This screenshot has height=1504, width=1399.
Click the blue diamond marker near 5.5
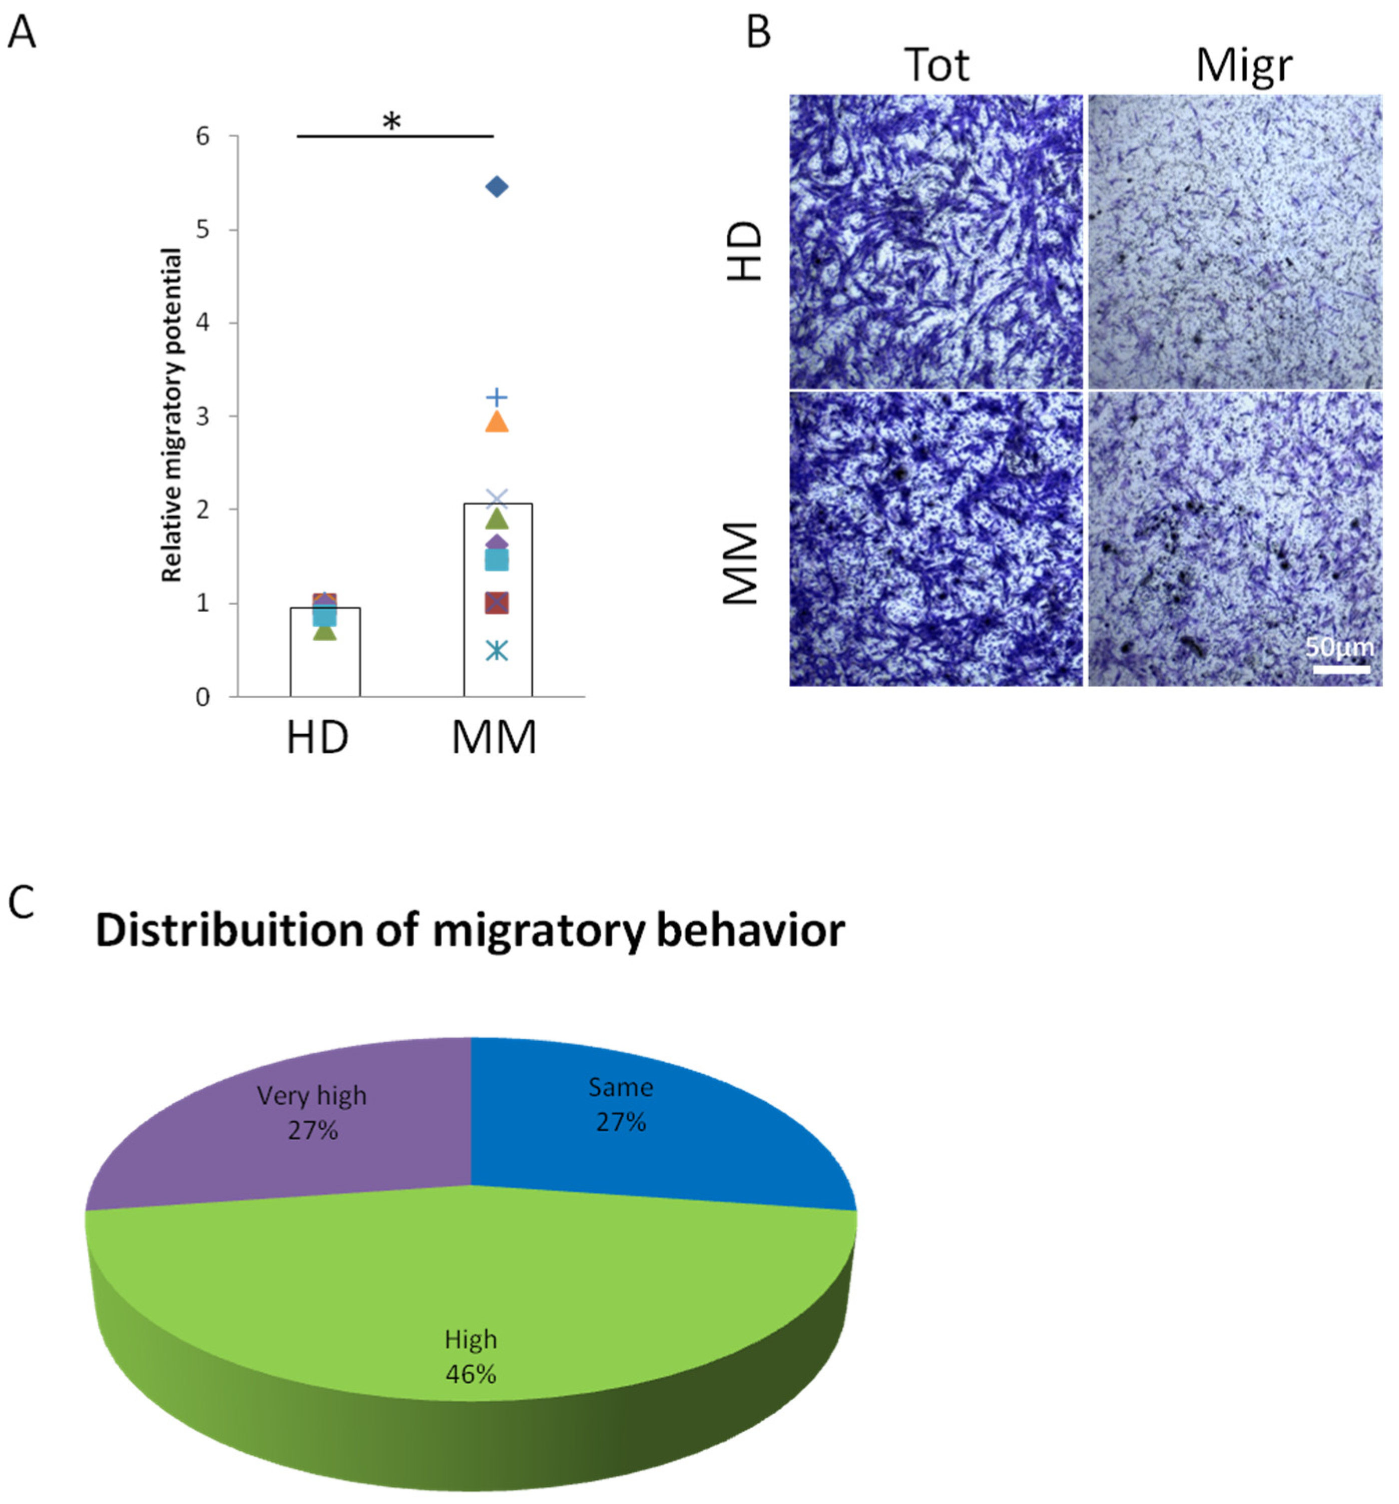497,187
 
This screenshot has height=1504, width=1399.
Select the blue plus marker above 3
497,397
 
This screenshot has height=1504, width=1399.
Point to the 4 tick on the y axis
203,323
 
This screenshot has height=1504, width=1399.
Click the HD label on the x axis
317,738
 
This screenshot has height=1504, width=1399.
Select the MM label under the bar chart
494,738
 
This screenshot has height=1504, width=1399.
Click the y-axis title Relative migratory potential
173,415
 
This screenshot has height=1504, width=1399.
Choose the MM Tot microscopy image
936,538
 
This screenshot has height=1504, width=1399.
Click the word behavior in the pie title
750,930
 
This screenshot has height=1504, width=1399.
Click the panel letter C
21,902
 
